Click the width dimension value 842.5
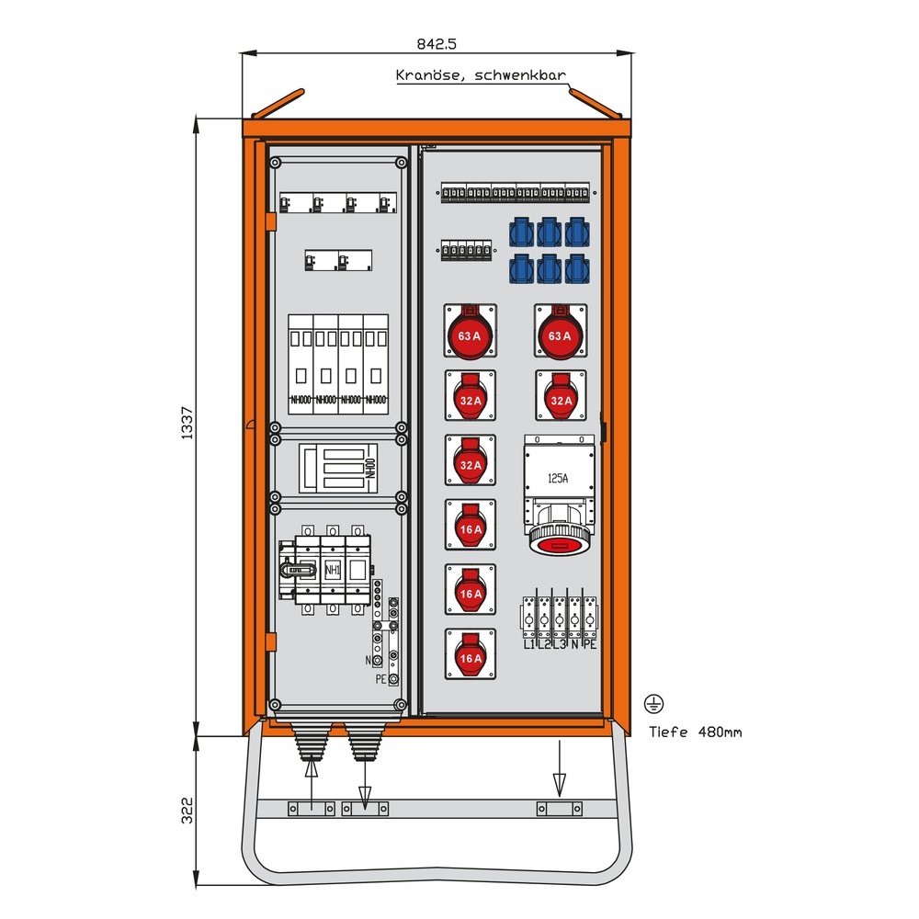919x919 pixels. pos(437,43)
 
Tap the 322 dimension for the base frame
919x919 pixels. pos(187,811)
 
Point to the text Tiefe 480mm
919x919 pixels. pos(696,732)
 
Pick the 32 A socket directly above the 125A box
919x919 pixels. pos(560,396)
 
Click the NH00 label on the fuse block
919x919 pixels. pos(370,469)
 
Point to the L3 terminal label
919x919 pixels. pos(561,645)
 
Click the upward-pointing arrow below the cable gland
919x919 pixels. pos(311,777)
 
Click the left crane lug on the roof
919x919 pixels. pos(278,102)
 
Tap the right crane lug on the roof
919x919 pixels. pos(596,102)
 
